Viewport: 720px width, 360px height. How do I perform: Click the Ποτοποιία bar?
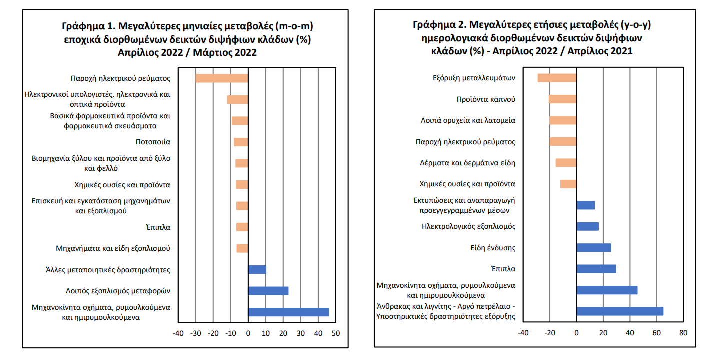(x=241, y=142)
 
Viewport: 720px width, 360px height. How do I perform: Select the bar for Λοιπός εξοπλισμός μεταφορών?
(x=268, y=291)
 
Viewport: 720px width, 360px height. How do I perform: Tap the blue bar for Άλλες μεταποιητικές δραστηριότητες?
(x=257, y=270)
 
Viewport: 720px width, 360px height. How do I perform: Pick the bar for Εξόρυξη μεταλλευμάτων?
(x=557, y=78)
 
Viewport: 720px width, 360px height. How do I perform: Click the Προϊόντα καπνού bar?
(x=562, y=99)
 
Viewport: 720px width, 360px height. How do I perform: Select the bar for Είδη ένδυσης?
(x=594, y=248)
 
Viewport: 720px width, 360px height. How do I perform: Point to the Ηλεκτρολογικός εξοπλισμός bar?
(x=587, y=226)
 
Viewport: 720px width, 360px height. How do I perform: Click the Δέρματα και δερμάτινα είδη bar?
(x=566, y=163)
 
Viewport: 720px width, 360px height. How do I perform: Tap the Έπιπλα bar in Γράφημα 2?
(x=596, y=269)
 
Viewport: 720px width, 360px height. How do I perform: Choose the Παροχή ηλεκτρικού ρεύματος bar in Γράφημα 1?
(x=222, y=78)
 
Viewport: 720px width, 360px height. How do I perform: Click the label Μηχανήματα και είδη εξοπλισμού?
(x=113, y=248)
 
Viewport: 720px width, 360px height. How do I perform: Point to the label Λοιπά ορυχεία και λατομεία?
(x=468, y=120)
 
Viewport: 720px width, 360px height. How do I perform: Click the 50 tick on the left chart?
(x=335, y=333)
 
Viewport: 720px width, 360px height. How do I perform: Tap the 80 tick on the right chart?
(x=684, y=333)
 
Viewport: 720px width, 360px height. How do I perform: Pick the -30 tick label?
(x=195, y=333)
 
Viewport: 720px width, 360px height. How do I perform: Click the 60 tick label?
(x=657, y=333)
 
